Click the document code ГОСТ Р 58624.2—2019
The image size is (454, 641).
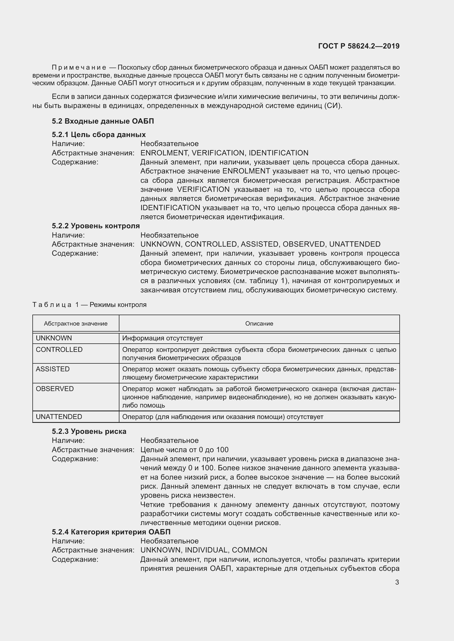point(359,46)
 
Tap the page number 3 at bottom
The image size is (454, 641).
point(397,582)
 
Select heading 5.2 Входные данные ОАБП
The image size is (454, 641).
point(103,121)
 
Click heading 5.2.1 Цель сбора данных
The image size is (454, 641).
point(99,135)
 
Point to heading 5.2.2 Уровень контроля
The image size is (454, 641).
point(96,226)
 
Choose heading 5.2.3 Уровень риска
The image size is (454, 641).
point(89,431)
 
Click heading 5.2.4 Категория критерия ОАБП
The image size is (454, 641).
point(111,532)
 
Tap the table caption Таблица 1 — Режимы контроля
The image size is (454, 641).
point(89,304)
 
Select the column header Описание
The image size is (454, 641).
point(259,324)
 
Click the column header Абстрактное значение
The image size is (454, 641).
point(75,324)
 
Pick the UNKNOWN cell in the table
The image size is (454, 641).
point(54,338)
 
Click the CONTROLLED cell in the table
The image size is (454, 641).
point(59,349)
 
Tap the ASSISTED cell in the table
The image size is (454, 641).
point(52,369)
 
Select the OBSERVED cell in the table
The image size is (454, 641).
point(55,389)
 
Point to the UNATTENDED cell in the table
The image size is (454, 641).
point(59,417)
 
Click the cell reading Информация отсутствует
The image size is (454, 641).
point(162,338)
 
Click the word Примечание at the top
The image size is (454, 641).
point(79,68)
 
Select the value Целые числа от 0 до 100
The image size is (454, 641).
point(184,450)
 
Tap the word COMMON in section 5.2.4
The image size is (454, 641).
point(249,550)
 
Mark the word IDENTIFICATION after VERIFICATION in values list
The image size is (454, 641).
point(278,153)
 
